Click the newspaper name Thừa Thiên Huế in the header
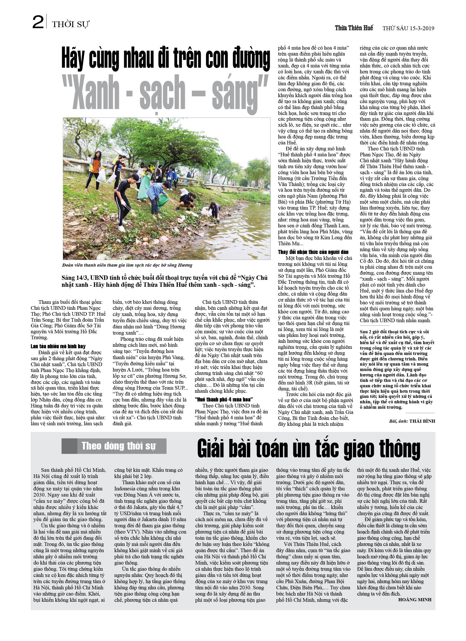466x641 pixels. (x=354, y=28)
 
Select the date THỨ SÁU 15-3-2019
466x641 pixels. (x=408, y=28)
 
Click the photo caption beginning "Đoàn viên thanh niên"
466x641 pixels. (x=127, y=265)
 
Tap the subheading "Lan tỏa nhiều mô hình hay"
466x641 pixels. (x=58, y=346)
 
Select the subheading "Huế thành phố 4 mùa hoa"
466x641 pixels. (x=223, y=399)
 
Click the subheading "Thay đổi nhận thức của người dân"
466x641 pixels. (x=313, y=252)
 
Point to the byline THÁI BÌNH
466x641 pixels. (x=422, y=421)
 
